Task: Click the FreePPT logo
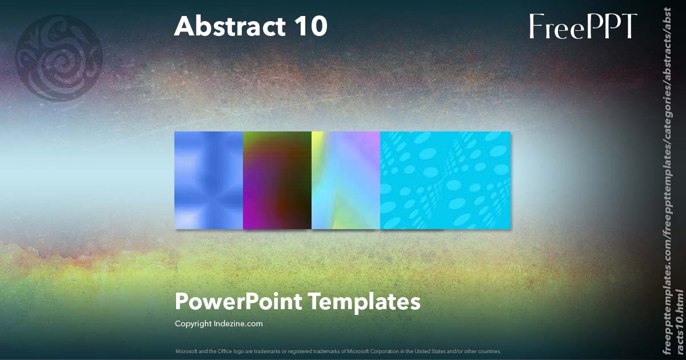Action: pos(583,26)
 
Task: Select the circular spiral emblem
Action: pos(59,58)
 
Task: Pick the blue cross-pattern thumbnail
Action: pos(209,180)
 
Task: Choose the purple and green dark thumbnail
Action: pos(277,180)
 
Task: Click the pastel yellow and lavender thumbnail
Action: pos(346,180)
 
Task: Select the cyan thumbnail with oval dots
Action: pos(445,180)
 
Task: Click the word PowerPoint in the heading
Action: pos(238,302)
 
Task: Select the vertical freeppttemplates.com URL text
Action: pos(672,180)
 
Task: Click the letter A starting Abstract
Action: pos(184,26)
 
